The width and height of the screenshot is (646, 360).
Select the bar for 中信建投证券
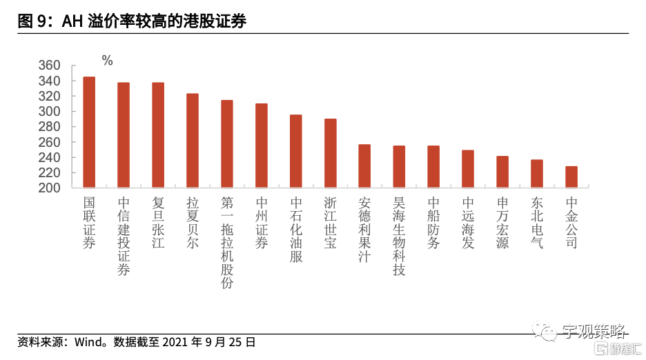click(124, 135)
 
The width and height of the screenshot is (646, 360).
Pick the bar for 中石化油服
click(295, 151)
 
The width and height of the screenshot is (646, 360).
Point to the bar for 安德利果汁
click(364, 166)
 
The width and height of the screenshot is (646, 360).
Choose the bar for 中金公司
click(571, 177)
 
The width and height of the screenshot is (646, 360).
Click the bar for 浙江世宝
click(330, 153)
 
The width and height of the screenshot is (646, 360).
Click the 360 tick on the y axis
click(69, 66)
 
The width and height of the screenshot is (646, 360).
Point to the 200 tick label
click(69, 188)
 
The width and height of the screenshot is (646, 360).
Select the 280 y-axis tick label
click(69, 127)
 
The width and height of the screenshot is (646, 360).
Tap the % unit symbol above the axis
click(107, 61)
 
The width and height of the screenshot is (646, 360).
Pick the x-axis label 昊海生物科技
click(399, 237)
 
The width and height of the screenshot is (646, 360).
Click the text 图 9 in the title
click(32, 22)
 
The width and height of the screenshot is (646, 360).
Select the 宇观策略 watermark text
click(591, 332)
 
